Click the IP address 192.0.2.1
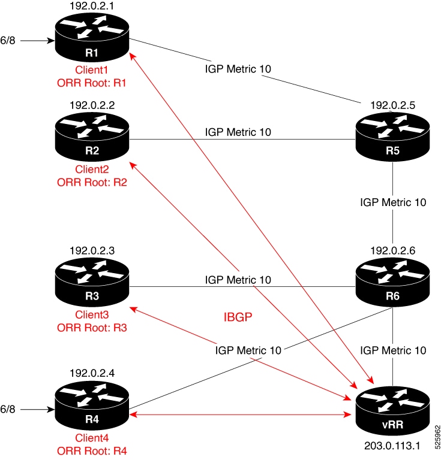[92, 7]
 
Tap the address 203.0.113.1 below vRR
[392, 447]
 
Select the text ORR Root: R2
[92, 181]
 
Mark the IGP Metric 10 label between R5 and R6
[392, 202]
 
